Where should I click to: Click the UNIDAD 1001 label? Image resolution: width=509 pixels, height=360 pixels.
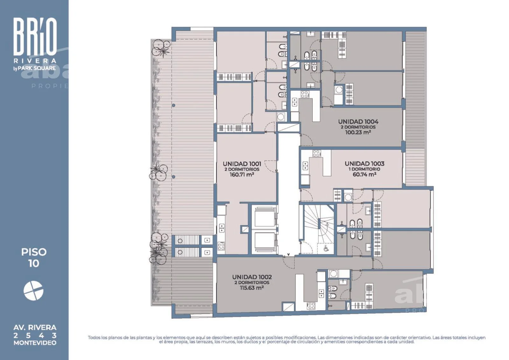pos(242,164)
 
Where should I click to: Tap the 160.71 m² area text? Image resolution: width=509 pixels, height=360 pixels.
pos(242,175)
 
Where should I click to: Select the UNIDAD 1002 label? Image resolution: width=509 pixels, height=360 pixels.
pos(252,277)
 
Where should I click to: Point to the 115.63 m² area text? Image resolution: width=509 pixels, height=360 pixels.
pos(252,288)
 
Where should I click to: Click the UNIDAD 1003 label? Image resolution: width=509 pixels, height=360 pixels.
pos(365,164)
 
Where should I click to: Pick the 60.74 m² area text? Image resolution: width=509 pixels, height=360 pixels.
pos(365,174)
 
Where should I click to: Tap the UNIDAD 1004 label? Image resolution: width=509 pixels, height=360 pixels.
pos(358,122)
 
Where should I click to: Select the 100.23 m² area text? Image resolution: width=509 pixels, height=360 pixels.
pos(358,132)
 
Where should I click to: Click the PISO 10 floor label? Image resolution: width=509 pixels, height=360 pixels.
pos(34,258)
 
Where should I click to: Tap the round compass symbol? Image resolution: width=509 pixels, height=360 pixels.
pos(33,291)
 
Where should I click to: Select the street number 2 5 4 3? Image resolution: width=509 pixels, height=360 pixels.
pos(35,335)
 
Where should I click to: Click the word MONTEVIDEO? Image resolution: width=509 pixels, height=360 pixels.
pos(35,343)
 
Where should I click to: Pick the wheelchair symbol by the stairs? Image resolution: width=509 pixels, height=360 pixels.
pos(326,248)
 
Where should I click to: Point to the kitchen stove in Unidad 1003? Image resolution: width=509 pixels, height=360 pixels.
pos(317,153)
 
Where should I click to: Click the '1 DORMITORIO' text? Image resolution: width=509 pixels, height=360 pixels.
pos(365,169)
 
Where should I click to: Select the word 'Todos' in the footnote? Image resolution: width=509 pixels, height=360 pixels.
pos(94,337)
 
